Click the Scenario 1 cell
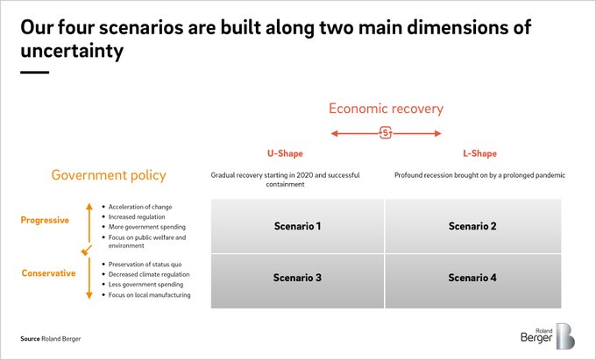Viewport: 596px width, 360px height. [x=297, y=226]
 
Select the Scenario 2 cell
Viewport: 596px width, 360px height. [x=473, y=226]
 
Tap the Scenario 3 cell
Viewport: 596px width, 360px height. [x=297, y=281]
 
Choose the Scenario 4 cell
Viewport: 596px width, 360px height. [x=473, y=281]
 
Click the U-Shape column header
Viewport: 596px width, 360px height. [x=285, y=153]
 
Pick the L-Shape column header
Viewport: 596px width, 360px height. [x=479, y=153]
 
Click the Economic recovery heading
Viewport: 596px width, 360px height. [x=386, y=109]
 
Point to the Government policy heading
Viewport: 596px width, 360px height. [x=109, y=175]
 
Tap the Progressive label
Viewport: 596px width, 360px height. [x=45, y=220]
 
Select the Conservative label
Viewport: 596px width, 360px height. [x=49, y=273]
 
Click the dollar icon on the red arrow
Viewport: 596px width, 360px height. [x=386, y=133]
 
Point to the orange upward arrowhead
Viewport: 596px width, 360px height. [x=89, y=206]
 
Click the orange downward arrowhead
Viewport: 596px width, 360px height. [x=89, y=295]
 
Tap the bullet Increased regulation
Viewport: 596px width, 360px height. [x=134, y=217]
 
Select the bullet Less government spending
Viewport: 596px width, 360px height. [x=143, y=285]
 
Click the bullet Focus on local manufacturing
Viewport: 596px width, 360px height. [x=146, y=294]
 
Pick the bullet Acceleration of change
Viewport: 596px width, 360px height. [x=138, y=207]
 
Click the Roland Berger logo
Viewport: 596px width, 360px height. [x=547, y=335]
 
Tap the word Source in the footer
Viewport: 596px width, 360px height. [x=30, y=339]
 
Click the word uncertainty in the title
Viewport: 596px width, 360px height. [x=72, y=52]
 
